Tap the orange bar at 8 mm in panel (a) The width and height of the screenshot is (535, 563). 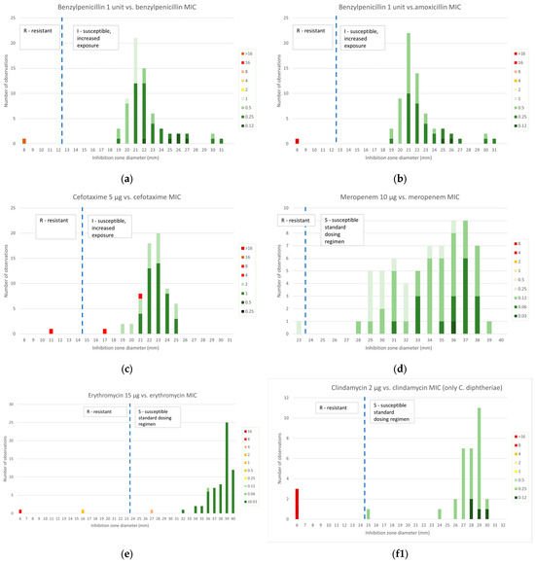(x=23, y=141)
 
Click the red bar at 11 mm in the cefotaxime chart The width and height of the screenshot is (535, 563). (x=51, y=331)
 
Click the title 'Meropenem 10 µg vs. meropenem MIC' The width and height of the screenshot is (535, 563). (x=402, y=197)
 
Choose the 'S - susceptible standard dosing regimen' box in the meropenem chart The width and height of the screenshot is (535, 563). (x=365, y=230)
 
